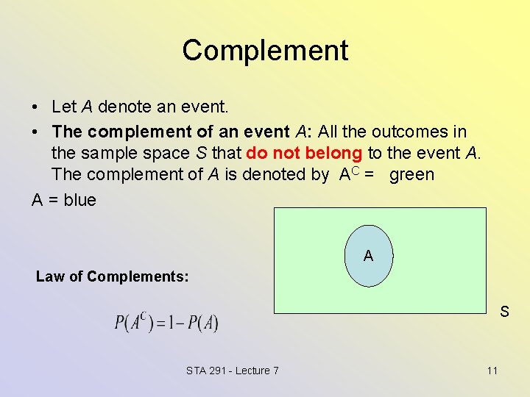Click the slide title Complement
pyautogui.click(x=265, y=50)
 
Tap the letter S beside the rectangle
pyautogui.click(x=504, y=312)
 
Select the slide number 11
pyautogui.click(x=492, y=370)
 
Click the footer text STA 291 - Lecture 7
pyautogui.click(x=233, y=370)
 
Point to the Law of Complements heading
pyautogui.click(x=113, y=276)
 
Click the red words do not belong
pyautogui.click(x=305, y=153)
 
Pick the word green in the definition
pyautogui.click(x=411, y=174)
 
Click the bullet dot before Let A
pyautogui.click(x=35, y=107)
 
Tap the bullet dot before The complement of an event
pyautogui.click(x=35, y=132)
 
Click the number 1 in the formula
pyautogui.click(x=169, y=323)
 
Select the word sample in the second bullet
pyautogui.click(x=103, y=153)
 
